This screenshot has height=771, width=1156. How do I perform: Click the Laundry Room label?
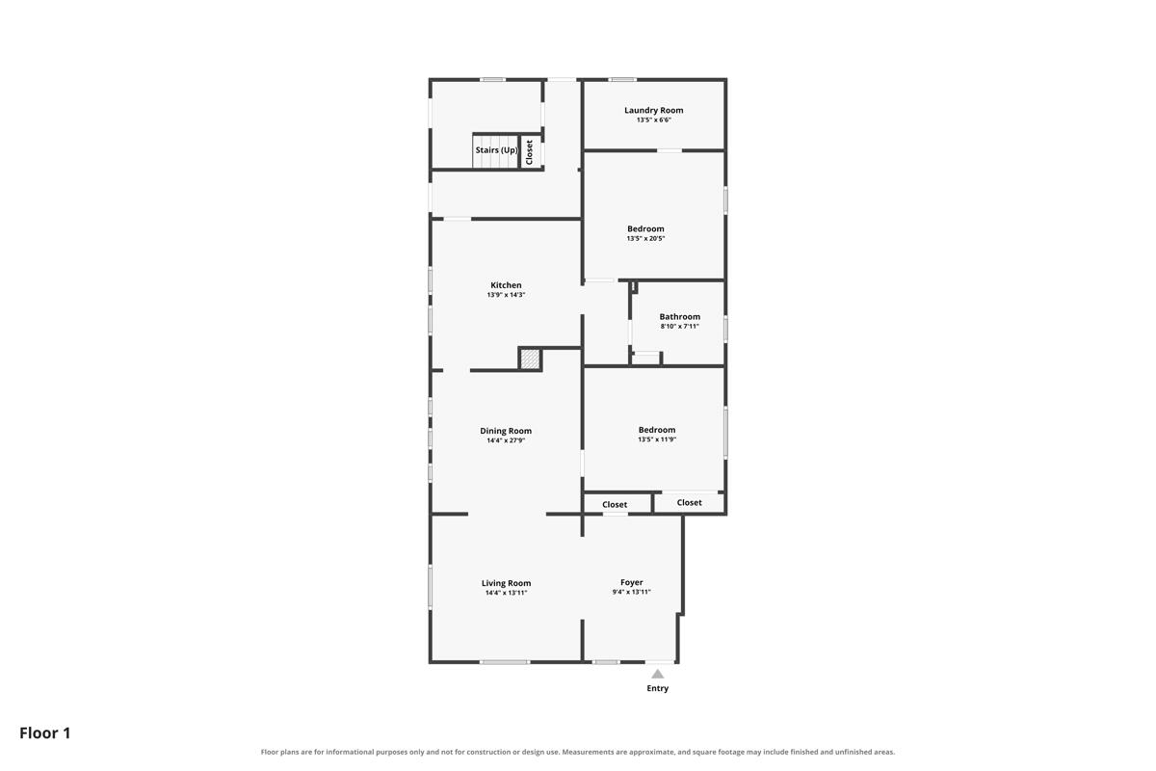tap(653, 110)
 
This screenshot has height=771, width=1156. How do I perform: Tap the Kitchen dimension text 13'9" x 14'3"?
tap(506, 295)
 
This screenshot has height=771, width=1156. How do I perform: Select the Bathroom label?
tap(680, 316)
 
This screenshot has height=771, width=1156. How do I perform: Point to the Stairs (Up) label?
tap(496, 150)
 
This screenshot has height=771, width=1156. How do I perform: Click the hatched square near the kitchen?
tap(530, 359)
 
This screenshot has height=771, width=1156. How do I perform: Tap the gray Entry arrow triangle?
tap(657, 674)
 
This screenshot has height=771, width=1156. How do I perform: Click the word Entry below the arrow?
tap(657, 688)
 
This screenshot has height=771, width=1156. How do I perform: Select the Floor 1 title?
tap(45, 732)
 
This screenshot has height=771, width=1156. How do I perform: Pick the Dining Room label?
tap(506, 431)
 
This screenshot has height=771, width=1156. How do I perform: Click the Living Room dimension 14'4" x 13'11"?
tap(506, 593)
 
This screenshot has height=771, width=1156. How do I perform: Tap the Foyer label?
tap(632, 582)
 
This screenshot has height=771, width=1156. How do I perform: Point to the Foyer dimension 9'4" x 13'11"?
tap(632, 592)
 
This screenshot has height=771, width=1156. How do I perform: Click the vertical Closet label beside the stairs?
tap(529, 152)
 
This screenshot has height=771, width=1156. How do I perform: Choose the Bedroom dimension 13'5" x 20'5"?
tap(645, 239)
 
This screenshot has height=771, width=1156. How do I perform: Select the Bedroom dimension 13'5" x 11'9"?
tap(657, 439)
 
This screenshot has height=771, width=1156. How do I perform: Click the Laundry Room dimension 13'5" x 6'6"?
tap(653, 120)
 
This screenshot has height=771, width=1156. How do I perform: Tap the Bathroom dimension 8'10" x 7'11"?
tap(680, 327)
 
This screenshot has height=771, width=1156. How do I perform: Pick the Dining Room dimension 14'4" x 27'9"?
tap(506, 440)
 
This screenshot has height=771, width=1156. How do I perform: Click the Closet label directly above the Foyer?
tap(615, 505)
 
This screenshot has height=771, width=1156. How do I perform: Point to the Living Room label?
tap(506, 583)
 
